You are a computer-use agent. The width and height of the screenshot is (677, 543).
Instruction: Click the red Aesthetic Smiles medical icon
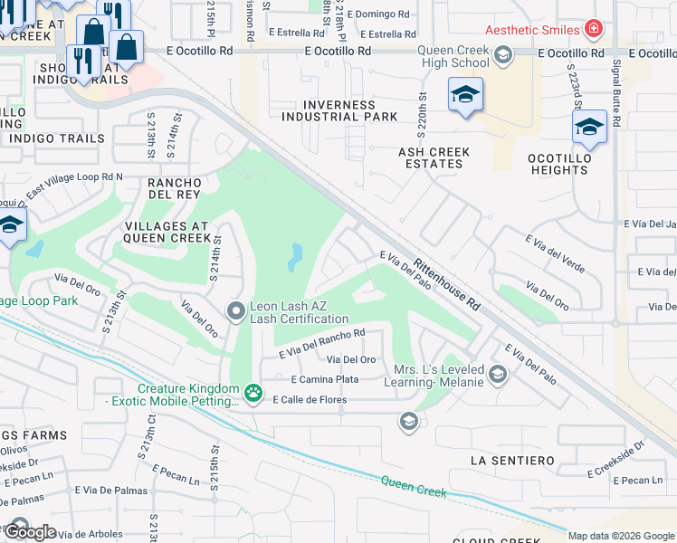click(593, 30)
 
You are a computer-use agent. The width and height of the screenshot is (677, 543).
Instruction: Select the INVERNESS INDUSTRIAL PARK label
click(338, 110)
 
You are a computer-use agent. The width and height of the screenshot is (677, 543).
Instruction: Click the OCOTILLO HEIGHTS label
click(558, 163)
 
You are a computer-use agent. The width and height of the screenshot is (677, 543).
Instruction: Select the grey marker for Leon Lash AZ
click(236, 312)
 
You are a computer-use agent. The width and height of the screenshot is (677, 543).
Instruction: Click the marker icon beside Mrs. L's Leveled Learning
click(497, 374)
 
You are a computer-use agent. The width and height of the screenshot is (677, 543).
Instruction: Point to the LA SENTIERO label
click(512, 461)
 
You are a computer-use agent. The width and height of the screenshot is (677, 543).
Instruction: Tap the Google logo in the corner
click(30, 532)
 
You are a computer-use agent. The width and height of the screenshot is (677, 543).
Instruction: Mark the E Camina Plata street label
click(324, 379)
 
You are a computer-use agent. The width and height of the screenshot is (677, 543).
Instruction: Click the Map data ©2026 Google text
click(621, 536)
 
